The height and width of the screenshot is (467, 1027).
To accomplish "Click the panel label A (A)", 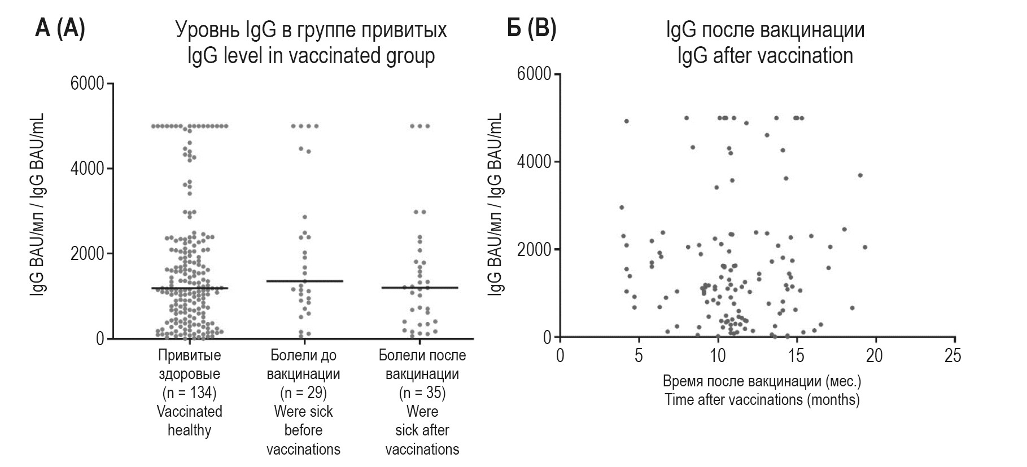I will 60,29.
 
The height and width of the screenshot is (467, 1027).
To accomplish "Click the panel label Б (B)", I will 531,29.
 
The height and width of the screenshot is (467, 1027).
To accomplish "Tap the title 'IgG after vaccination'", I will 765,56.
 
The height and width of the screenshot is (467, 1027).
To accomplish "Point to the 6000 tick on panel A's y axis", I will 87,83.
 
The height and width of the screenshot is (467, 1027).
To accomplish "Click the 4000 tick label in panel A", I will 87,169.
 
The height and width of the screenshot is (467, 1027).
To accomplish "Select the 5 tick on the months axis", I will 639,356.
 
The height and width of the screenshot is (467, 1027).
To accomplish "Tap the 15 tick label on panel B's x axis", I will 796,356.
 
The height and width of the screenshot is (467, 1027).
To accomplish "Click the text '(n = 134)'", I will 189,393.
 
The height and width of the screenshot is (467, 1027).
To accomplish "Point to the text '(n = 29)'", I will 303,393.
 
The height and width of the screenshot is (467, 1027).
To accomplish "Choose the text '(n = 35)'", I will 422,393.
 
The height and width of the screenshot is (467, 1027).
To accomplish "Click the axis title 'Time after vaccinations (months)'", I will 762,400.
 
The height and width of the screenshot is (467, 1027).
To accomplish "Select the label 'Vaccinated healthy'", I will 189,421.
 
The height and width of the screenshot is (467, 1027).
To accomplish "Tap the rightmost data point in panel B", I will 864,247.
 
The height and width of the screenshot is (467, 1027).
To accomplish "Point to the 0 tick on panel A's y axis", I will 99,338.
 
